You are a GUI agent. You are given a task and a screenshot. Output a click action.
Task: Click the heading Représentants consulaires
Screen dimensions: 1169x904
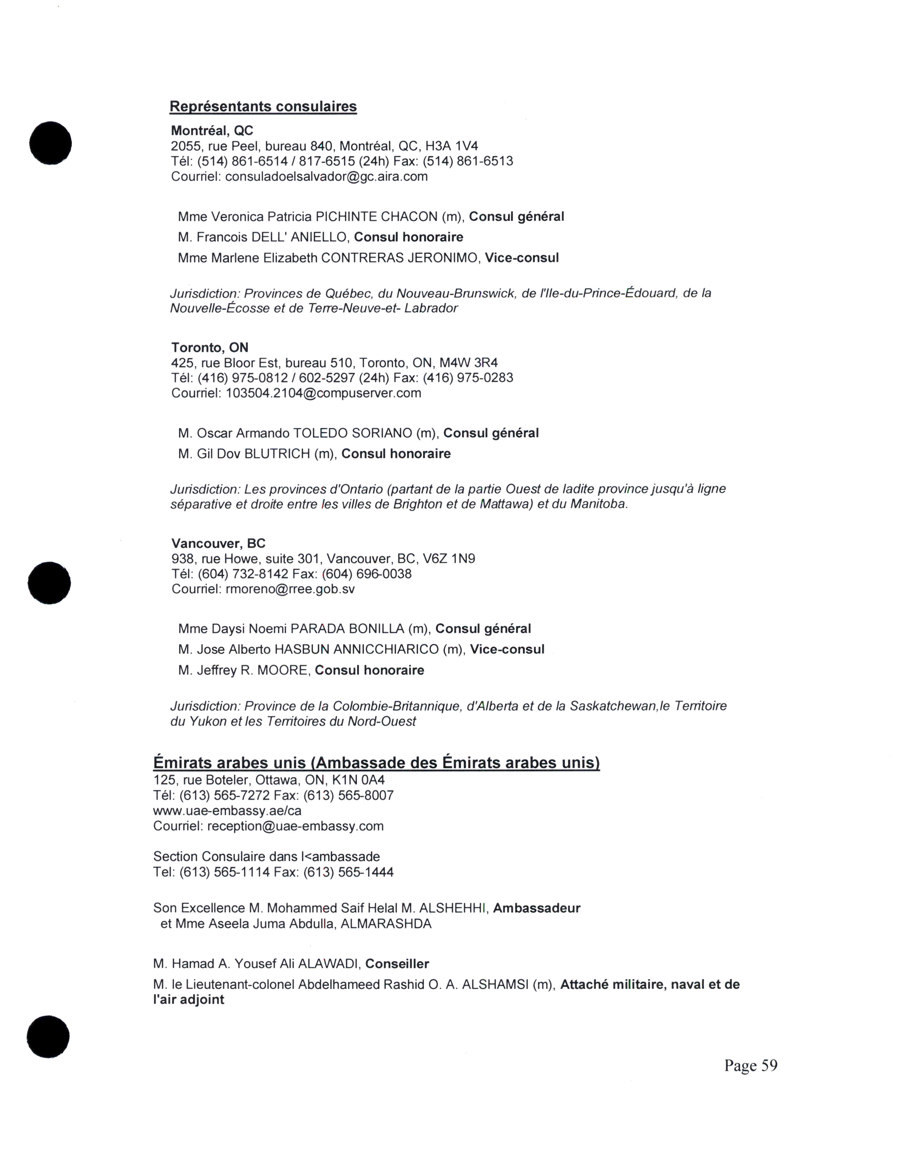click(x=263, y=107)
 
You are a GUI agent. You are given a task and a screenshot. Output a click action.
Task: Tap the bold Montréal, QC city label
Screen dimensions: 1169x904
click(x=212, y=131)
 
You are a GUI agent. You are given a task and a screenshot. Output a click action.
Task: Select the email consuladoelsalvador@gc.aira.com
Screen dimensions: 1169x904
click(x=326, y=177)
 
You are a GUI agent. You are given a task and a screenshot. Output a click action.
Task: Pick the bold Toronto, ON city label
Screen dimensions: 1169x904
click(x=210, y=348)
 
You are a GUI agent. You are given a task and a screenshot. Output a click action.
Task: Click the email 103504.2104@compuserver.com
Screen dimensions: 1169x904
click(x=323, y=394)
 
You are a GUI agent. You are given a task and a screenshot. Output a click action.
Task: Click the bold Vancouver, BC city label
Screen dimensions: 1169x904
click(x=218, y=544)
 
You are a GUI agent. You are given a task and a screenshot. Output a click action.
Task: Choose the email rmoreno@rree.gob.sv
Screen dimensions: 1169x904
click(x=290, y=589)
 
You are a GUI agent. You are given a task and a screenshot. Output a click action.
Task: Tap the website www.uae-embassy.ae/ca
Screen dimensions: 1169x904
click(x=227, y=811)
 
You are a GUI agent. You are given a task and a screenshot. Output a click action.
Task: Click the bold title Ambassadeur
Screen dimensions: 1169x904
click(x=537, y=908)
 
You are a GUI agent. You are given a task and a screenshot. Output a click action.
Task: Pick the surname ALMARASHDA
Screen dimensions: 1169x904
click(x=386, y=924)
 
